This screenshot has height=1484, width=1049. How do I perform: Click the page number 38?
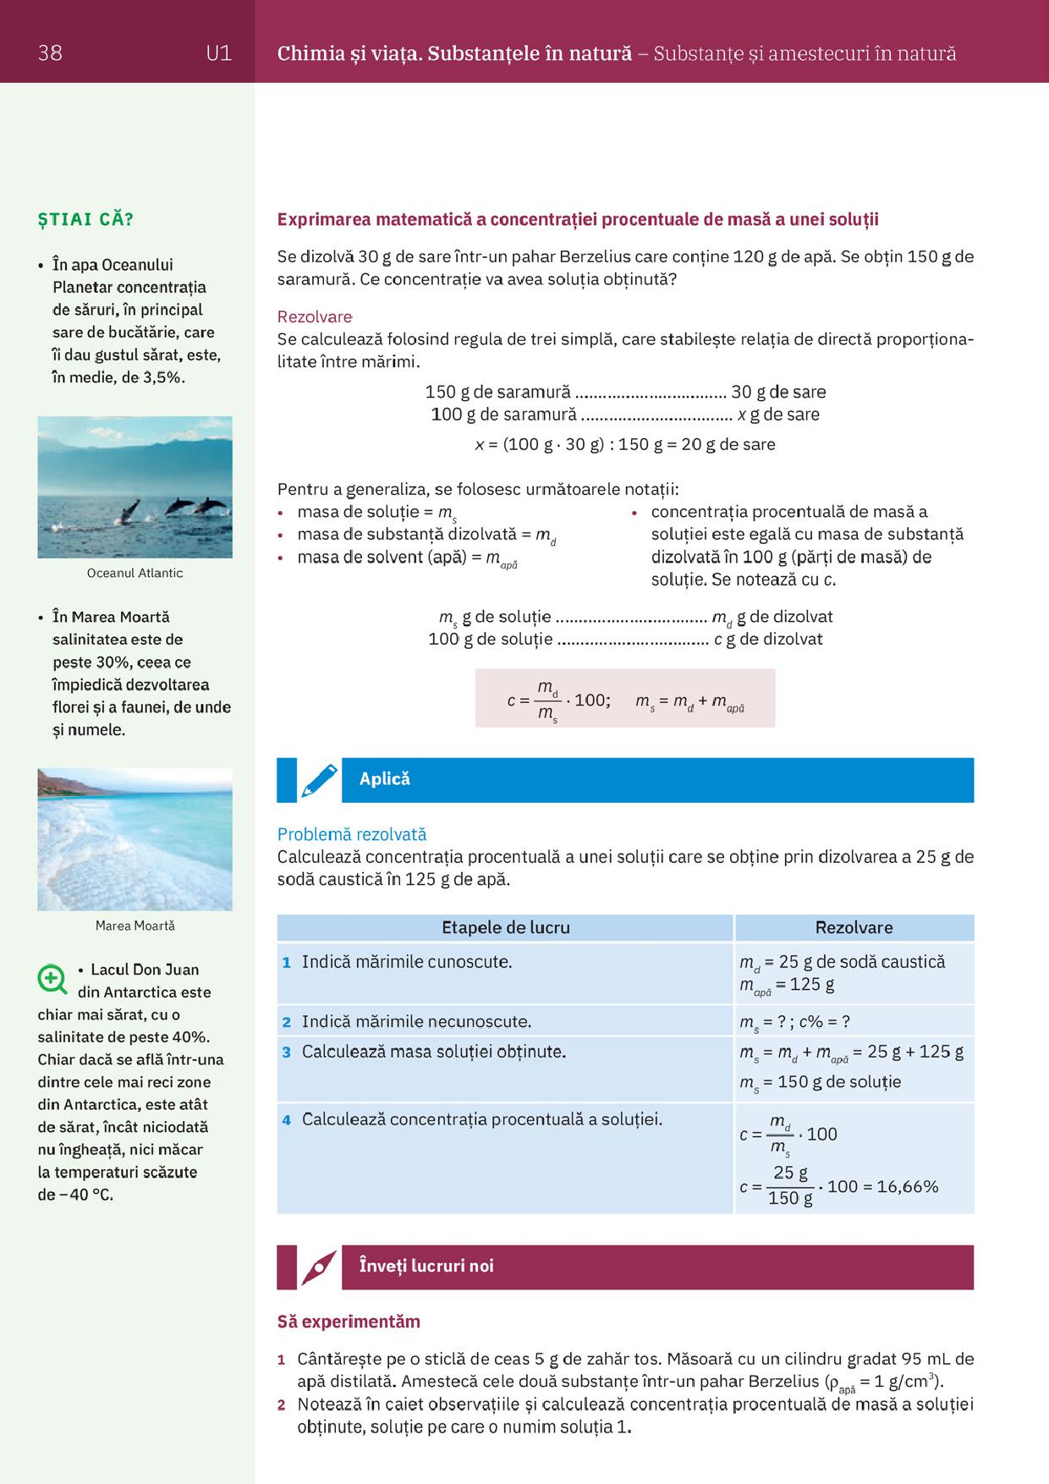point(50,53)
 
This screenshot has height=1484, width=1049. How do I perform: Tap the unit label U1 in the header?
point(218,53)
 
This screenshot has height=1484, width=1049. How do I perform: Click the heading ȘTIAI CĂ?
point(85,219)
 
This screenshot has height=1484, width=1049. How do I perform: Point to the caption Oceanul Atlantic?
point(135,573)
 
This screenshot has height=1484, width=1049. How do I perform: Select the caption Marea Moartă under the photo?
point(135,926)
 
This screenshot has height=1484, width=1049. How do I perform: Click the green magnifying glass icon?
point(52,979)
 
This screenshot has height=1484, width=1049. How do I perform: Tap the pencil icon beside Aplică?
point(318,780)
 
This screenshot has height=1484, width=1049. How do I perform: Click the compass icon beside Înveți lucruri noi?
point(318,1267)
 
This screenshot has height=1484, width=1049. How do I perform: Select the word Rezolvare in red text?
point(315,316)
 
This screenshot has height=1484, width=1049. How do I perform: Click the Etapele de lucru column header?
point(505,927)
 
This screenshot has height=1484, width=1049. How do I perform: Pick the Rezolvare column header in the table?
point(854,927)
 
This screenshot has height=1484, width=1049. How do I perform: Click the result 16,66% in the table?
point(907,1186)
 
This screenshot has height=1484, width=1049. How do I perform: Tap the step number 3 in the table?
point(287,1053)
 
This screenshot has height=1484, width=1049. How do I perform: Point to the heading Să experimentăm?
point(349,1322)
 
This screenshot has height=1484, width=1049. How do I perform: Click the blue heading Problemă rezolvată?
point(352,834)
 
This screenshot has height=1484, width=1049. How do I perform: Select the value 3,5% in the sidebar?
point(162,377)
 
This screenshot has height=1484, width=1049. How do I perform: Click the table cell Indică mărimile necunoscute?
point(416,1021)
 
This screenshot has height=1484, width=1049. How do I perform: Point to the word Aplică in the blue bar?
point(384,779)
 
